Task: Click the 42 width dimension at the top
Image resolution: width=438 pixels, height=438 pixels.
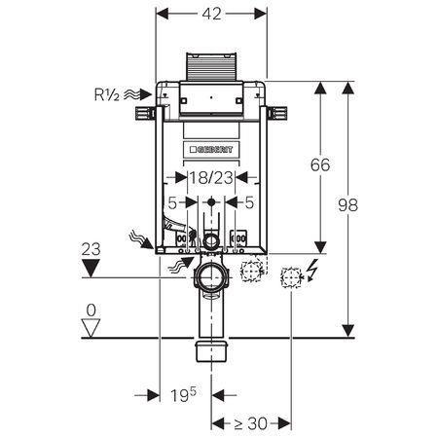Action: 212,14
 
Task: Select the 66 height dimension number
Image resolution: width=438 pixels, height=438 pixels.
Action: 320,164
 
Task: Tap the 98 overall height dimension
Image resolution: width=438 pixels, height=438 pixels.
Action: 347,205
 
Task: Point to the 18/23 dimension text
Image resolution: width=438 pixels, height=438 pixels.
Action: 211,178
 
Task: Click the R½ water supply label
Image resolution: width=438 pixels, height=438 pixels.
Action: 107,94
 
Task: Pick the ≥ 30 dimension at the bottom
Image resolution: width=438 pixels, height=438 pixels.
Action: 251,423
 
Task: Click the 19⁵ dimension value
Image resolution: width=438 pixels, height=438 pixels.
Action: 184,394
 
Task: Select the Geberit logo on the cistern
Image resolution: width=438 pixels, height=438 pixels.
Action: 211,149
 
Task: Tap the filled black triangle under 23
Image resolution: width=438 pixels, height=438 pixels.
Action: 91,268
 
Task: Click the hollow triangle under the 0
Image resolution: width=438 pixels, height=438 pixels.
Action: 91,328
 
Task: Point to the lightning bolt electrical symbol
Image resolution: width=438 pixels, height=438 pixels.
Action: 311,270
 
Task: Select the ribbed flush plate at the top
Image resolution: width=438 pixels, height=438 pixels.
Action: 211,66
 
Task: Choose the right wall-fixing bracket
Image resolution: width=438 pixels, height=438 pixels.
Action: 276,114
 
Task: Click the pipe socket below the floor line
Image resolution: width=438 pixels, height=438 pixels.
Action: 211,350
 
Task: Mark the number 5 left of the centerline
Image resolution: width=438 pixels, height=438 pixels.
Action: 172,202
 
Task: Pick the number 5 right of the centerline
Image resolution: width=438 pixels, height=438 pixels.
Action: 249,202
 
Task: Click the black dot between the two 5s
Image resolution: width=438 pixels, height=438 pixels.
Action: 211,202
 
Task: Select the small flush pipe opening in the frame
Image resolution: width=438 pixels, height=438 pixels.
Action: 211,241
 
